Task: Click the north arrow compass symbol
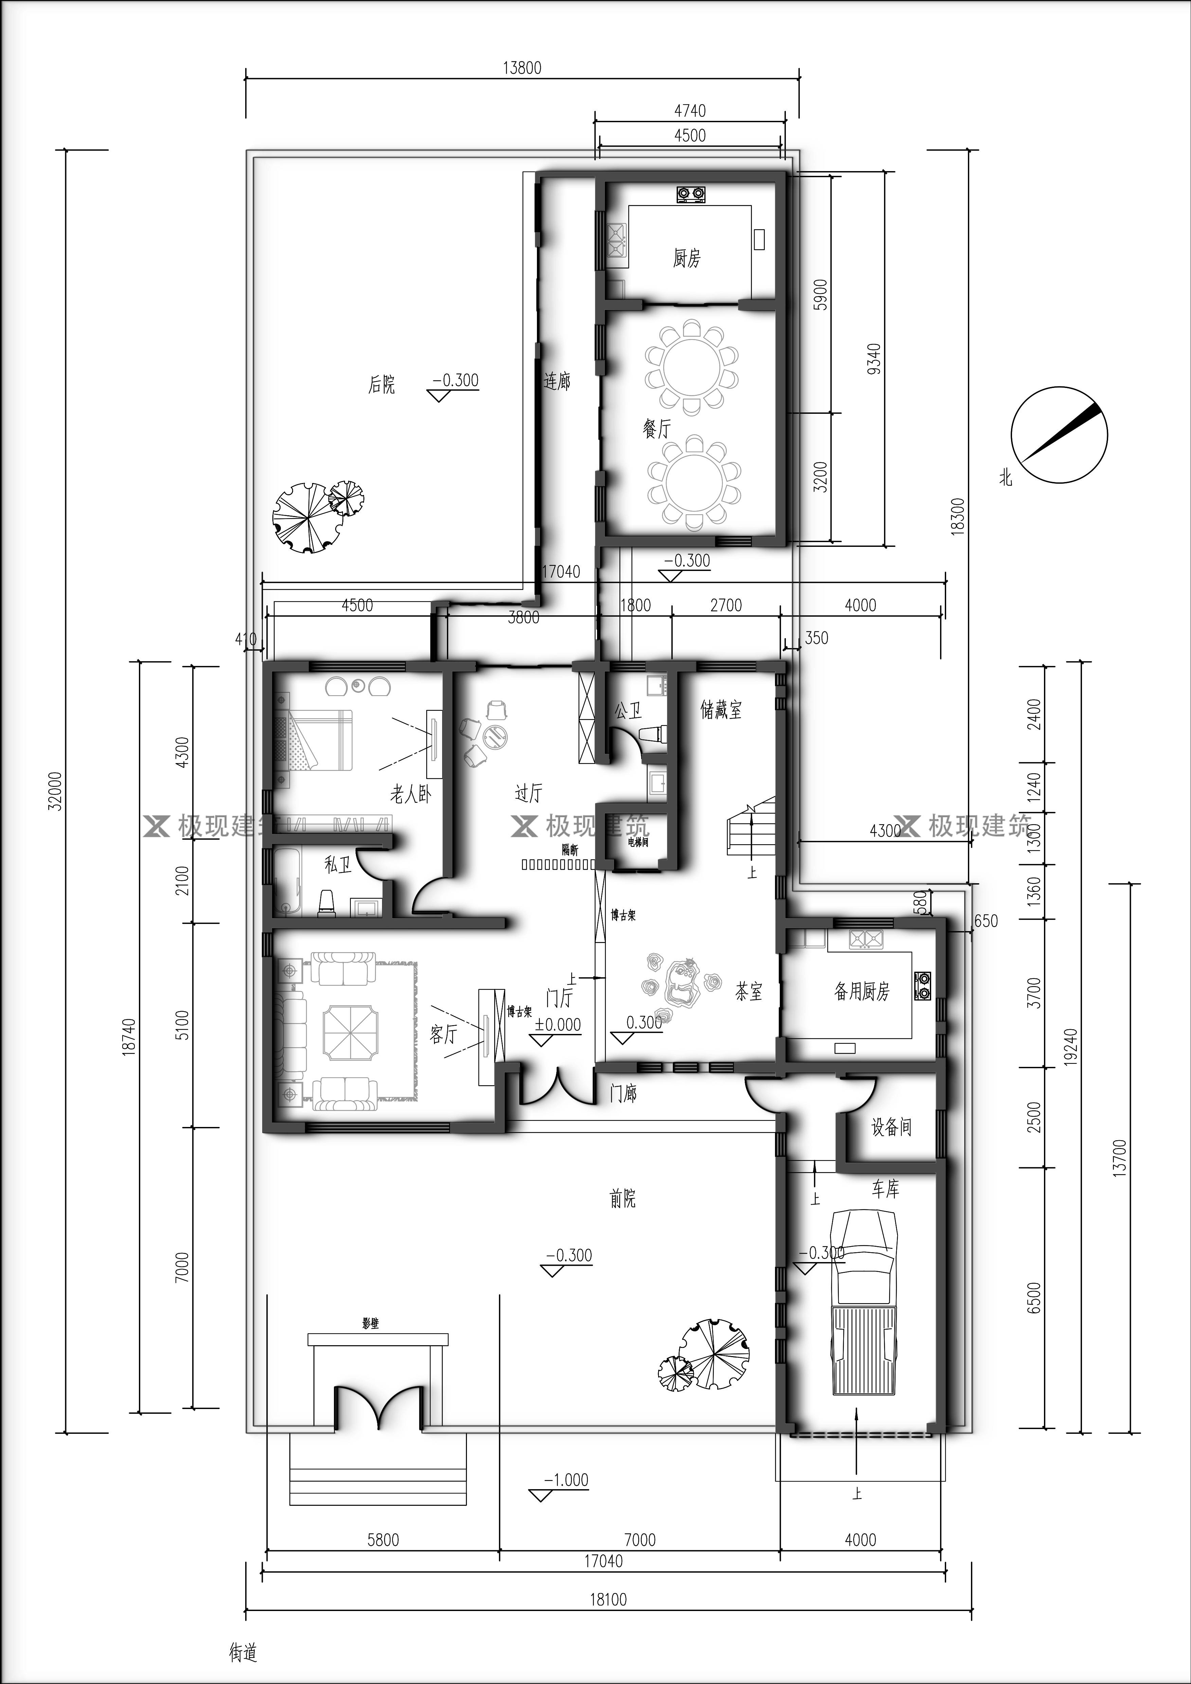[1059, 435]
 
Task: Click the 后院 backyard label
[381, 384]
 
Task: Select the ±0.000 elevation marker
[558, 1025]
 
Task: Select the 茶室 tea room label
[748, 992]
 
